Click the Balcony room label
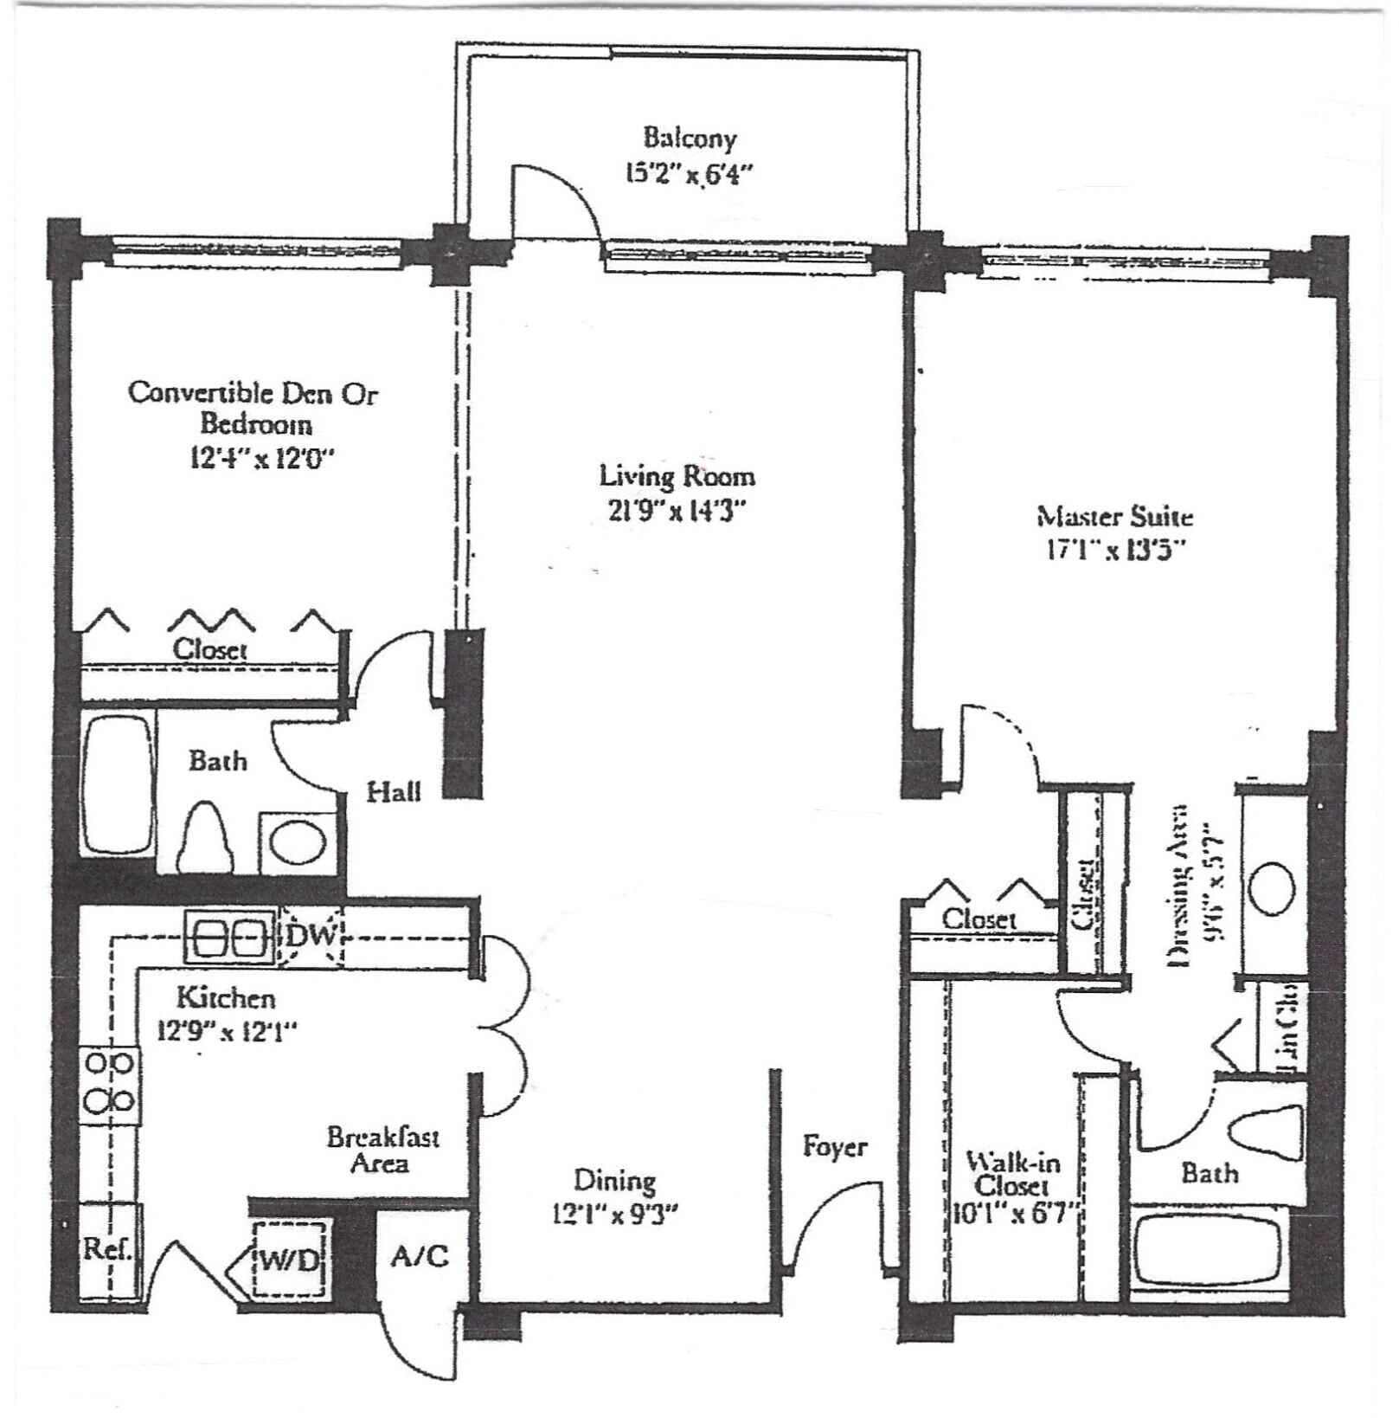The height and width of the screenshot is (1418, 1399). (689, 139)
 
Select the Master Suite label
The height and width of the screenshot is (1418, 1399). (1114, 517)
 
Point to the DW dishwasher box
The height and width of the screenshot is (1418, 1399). (311, 936)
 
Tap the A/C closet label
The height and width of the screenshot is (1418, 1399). (420, 1255)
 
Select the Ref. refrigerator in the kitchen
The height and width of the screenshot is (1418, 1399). (109, 1250)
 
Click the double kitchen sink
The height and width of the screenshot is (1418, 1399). (230, 937)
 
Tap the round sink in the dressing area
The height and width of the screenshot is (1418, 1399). (1271, 889)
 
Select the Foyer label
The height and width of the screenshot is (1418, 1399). (834, 1146)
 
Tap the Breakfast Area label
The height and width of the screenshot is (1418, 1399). (382, 1149)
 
